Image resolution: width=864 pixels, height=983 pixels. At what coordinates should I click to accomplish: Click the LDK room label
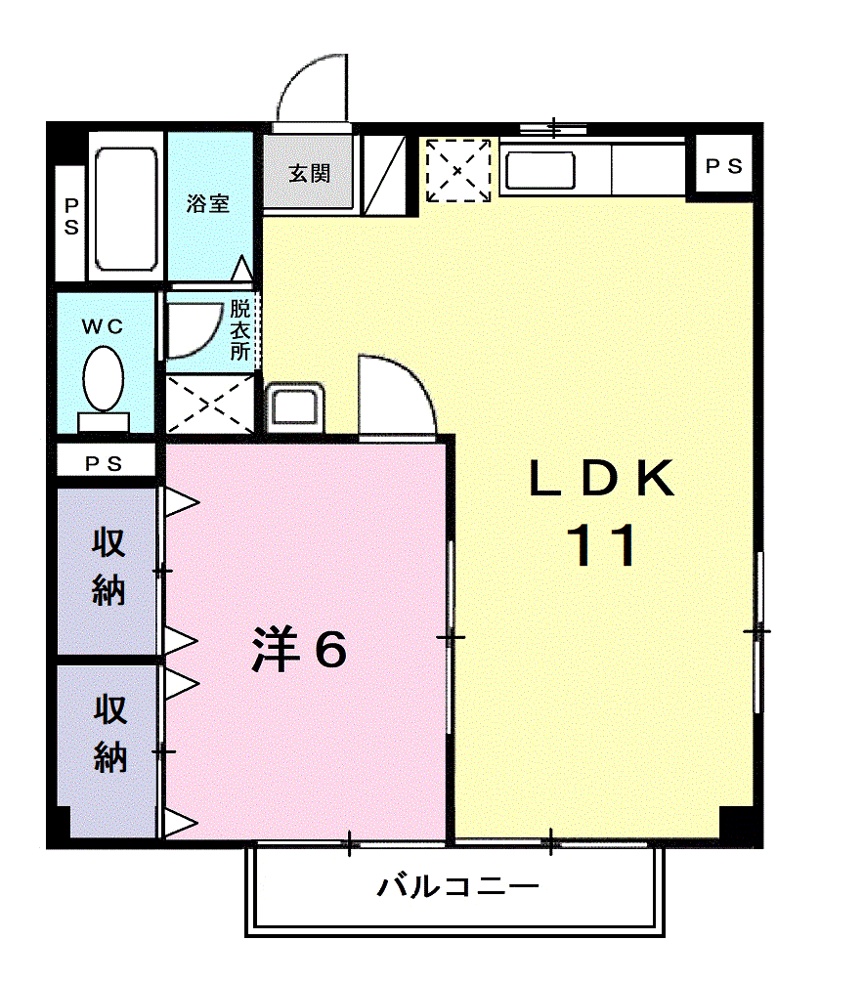[x=602, y=479]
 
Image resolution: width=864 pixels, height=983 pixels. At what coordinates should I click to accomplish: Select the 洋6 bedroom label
[x=299, y=649]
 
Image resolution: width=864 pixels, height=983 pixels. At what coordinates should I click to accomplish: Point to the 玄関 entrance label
[x=309, y=174]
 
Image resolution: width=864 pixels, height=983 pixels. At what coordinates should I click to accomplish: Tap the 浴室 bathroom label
[x=207, y=204]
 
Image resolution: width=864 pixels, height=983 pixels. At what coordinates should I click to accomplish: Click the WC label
[x=103, y=327]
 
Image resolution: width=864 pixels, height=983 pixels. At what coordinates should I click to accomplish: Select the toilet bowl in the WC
[x=103, y=381]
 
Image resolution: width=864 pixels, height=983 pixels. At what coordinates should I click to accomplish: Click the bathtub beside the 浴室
[x=125, y=208]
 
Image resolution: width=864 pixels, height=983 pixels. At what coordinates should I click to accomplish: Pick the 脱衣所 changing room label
[x=240, y=329]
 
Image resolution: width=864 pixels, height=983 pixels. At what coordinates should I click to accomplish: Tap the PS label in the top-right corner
[x=724, y=167]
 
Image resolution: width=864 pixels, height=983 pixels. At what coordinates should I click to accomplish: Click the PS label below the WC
[x=105, y=464]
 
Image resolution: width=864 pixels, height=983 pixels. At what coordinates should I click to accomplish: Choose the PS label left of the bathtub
[x=71, y=217]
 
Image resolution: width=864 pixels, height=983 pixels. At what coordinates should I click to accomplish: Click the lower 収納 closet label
[x=109, y=734]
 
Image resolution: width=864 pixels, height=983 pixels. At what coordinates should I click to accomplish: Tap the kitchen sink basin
[x=539, y=170]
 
